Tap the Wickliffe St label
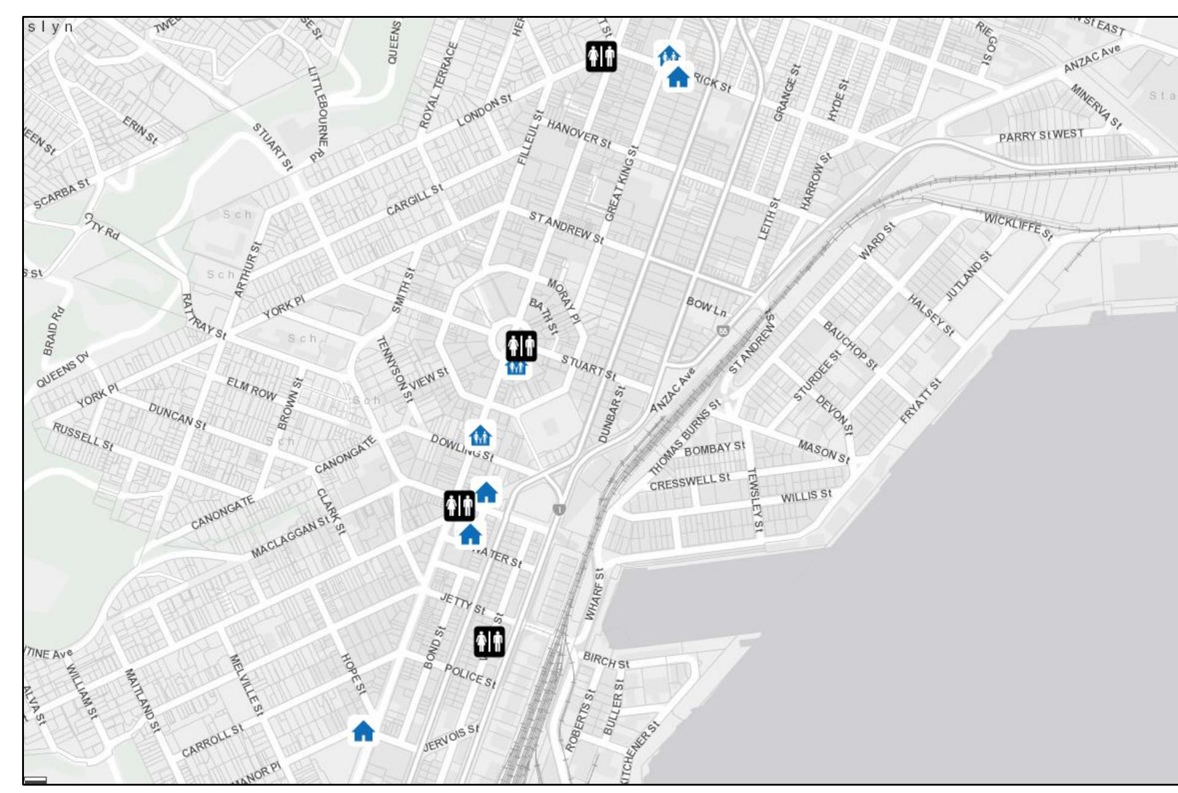click(x=1018, y=226)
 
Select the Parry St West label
click(x=1040, y=136)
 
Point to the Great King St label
click(x=622, y=183)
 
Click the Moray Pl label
click(x=563, y=301)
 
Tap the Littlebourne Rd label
click(x=318, y=114)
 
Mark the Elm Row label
click(x=251, y=389)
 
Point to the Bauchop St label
click(x=850, y=345)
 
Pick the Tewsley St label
click(x=755, y=500)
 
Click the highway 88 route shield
click(x=722, y=330)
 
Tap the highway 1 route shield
click(x=558, y=509)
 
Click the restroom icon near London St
click(x=601, y=56)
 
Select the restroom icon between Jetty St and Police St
click(x=489, y=641)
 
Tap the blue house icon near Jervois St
click(x=363, y=731)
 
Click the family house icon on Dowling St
click(x=480, y=436)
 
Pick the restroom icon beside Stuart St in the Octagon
click(x=521, y=346)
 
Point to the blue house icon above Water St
click(x=470, y=535)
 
